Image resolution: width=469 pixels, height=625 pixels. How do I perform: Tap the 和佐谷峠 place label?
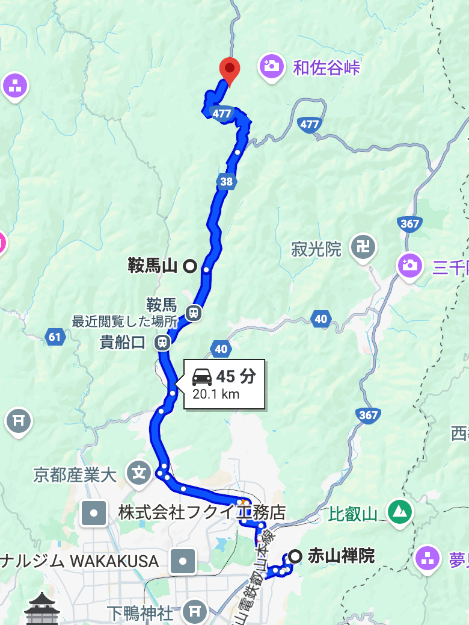326,67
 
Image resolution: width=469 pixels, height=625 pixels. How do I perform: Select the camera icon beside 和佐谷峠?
272,66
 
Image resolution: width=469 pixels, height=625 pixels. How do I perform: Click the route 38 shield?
226,181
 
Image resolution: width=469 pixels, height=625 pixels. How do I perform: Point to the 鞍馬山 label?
153,266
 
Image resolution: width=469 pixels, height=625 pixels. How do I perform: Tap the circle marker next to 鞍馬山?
190,266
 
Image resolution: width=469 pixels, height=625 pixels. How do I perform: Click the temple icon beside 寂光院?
364,247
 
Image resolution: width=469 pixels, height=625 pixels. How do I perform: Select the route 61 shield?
55,337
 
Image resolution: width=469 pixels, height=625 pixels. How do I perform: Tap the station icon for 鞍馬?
193,312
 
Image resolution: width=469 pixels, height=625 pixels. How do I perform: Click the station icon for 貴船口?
162,343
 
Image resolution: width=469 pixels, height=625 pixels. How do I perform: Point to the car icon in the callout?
201,378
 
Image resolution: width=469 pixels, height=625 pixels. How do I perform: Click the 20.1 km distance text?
216,395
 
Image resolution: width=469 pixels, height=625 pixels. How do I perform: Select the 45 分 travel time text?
236,377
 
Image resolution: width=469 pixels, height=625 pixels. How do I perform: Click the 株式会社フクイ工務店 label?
201,512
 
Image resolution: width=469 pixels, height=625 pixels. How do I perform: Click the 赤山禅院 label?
341,556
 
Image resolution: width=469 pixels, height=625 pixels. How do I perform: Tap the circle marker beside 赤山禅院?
295,556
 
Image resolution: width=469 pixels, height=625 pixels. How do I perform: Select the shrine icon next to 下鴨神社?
195,611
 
